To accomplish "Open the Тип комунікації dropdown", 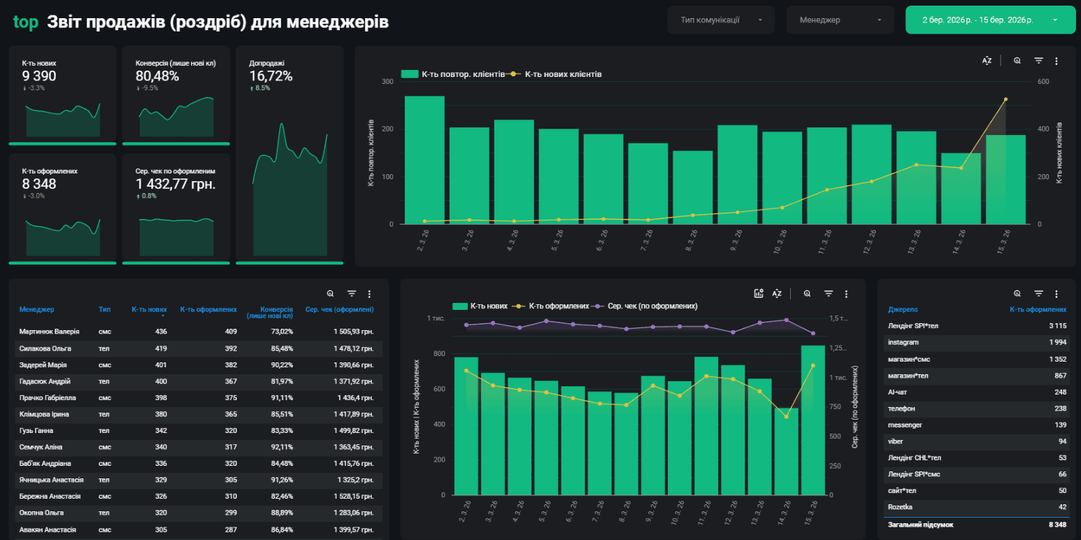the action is tap(721, 20).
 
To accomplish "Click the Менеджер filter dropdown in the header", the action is tap(840, 20).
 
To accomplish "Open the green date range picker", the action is tap(990, 20).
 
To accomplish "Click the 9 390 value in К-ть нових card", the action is tap(39, 76).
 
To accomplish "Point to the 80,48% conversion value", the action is tap(157, 76).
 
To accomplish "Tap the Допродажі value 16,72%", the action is tap(271, 76).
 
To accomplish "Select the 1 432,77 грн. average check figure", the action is tap(176, 184).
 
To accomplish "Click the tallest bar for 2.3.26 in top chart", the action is tap(424, 159).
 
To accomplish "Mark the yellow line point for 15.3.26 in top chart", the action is tap(1005, 99).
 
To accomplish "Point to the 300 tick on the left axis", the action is tap(387, 82).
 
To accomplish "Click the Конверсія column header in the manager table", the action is tap(270, 312).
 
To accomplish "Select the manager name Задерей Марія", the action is tap(43, 365).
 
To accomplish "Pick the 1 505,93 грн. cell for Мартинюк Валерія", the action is tap(354, 332).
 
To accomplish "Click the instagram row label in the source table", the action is tap(903, 342).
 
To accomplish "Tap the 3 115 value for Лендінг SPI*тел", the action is tap(1058, 326).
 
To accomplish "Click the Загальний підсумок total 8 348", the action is tap(1058, 525).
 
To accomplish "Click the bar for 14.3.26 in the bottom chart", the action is tap(787, 452).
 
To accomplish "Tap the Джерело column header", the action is tap(903, 309).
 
